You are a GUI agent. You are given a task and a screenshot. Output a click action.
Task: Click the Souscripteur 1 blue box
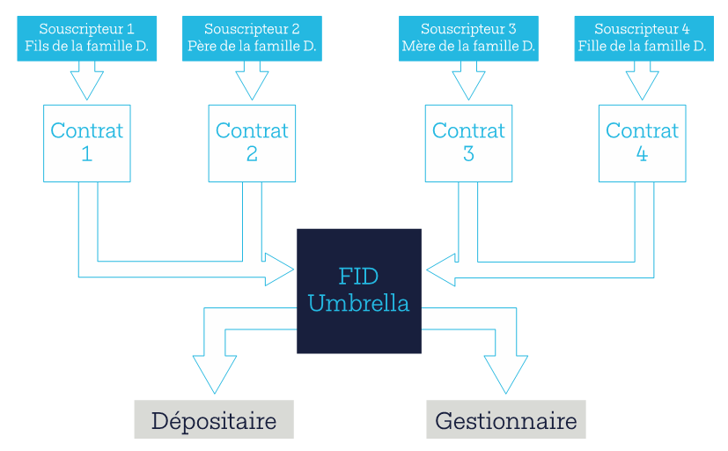[x=86, y=38]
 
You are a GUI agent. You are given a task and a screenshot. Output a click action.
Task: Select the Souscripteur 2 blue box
[x=252, y=38]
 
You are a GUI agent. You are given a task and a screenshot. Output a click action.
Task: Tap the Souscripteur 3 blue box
[x=468, y=38]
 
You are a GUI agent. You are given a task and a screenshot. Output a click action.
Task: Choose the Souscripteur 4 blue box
[x=642, y=38]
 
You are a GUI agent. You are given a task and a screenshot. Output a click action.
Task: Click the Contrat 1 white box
[x=86, y=143]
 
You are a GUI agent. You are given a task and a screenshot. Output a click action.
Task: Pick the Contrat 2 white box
[x=252, y=143]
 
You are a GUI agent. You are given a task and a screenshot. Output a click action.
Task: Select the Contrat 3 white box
[x=468, y=143]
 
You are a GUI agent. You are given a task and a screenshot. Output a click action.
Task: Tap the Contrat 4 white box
[x=642, y=143]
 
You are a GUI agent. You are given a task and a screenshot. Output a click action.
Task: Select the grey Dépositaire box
[x=213, y=419]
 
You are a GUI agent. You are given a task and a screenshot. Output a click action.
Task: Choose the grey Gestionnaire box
[x=506, y=419]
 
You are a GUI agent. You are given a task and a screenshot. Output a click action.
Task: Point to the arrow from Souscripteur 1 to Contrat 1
[x=86, y=81]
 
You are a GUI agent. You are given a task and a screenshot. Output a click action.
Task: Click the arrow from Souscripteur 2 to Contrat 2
[x=252, y=81]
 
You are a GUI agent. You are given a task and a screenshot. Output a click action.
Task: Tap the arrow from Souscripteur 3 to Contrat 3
[x=468, y=81]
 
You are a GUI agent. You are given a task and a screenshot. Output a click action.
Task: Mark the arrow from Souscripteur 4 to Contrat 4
[x=642, y=81]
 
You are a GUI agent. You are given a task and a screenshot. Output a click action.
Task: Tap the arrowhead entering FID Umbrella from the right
[x=440, y=270]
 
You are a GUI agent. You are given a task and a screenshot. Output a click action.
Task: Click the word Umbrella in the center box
[x=358, y=304]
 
